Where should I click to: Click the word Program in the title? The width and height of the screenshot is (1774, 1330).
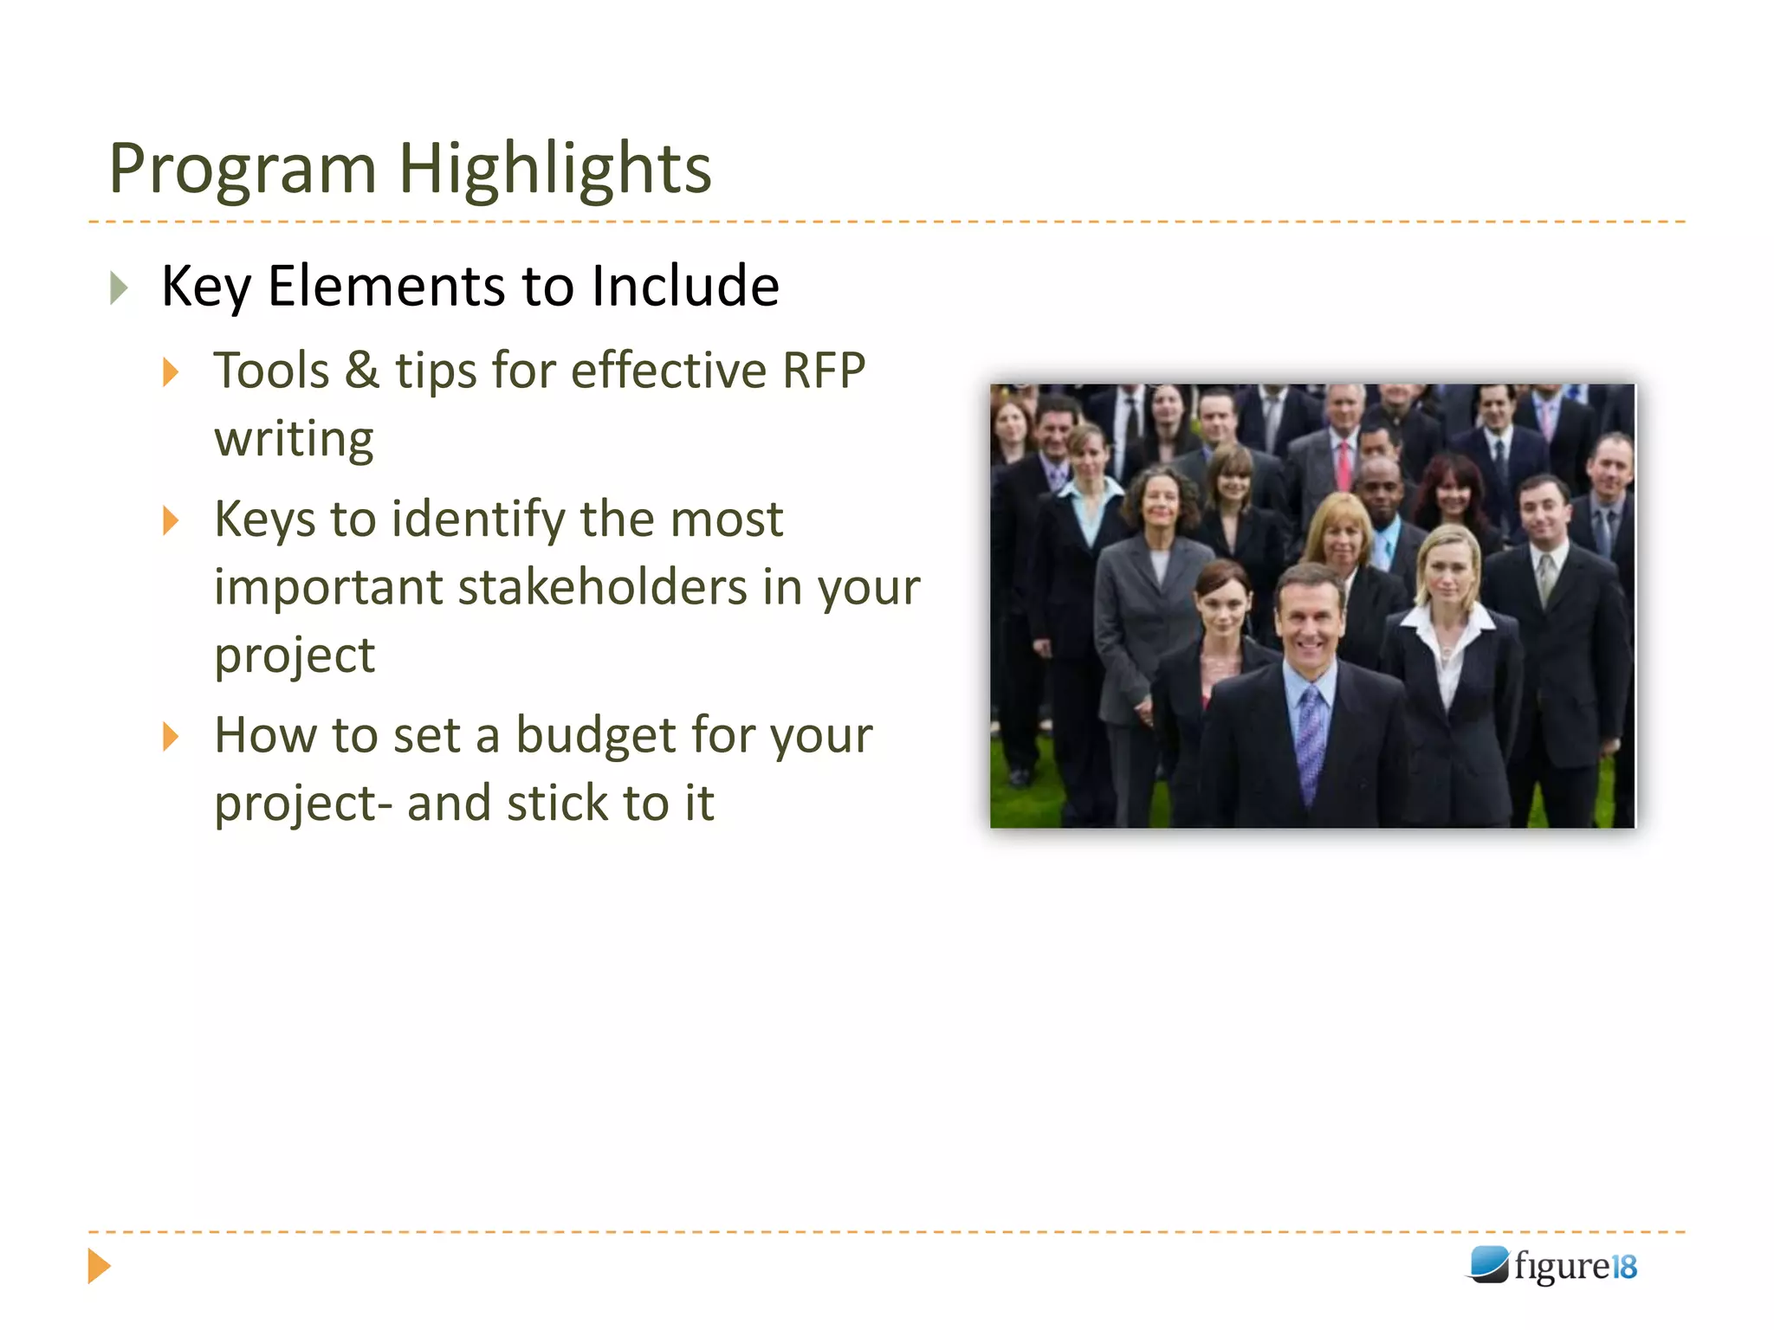[x=243, y=169]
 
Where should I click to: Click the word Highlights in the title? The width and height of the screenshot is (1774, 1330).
[x=554, y=169]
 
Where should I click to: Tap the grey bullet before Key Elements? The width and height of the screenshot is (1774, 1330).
[x=120, y=287]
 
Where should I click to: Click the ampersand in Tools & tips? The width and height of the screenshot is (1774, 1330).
[x=362, y=371]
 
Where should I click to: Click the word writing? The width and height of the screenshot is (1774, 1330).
[x=295, y=440]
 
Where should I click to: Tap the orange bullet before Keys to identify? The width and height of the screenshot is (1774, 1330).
[x=171, y=520]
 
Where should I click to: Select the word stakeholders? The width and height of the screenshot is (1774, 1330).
[x=602, y=587]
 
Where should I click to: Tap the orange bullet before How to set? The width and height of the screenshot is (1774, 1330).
[x=171, y=737]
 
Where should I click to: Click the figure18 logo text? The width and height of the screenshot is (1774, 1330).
[x=1575, y=1266]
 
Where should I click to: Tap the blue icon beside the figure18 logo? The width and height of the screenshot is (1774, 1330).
[x=1488, y=1264]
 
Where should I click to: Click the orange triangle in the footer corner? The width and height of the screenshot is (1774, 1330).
[x=99, y=1266]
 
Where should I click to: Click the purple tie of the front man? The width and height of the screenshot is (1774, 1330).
[x=1310, y=736]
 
